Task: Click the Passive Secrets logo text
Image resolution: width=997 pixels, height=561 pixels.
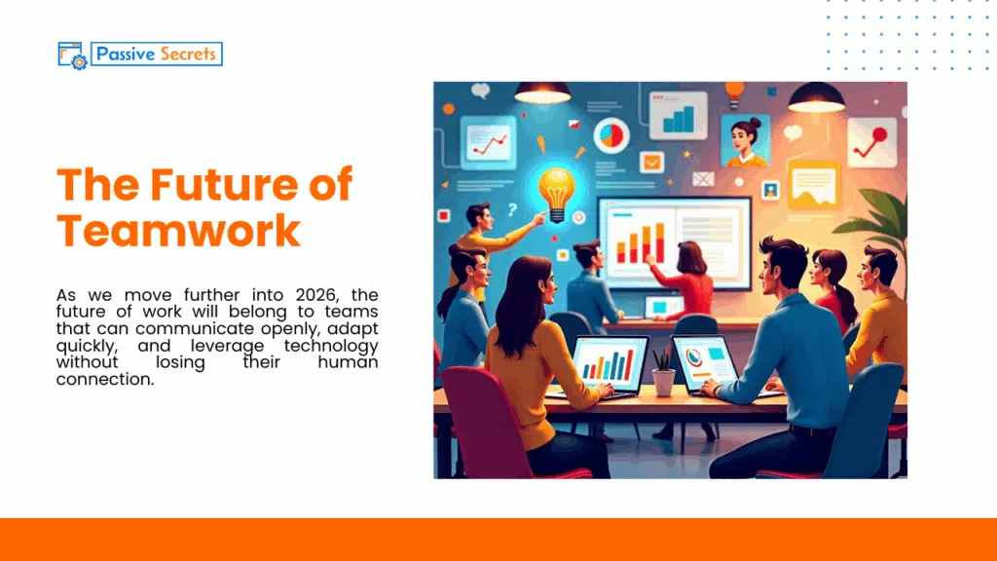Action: pos(156,54)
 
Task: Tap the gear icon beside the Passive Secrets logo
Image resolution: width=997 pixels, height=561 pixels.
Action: pos(78,61)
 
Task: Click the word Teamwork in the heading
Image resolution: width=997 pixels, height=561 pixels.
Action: pos(178,231)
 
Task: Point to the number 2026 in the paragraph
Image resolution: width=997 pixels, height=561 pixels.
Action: pos(308,295)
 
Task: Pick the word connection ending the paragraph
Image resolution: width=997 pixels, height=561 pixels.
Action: pos(105,380)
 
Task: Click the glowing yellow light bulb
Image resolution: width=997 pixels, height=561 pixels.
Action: pos(557,189)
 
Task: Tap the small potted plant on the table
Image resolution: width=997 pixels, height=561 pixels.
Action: pos(663,372)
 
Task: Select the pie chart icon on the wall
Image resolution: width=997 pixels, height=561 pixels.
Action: pos(611,135)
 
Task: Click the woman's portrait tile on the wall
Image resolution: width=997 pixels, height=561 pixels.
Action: pos(745,141)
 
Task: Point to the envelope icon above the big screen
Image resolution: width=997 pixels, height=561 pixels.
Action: pos(703,179)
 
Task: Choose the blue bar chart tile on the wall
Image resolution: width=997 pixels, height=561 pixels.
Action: pos(679,117)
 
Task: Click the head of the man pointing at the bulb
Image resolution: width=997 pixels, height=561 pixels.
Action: pos(478,215)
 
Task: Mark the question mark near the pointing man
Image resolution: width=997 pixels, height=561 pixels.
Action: pos(512,208)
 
